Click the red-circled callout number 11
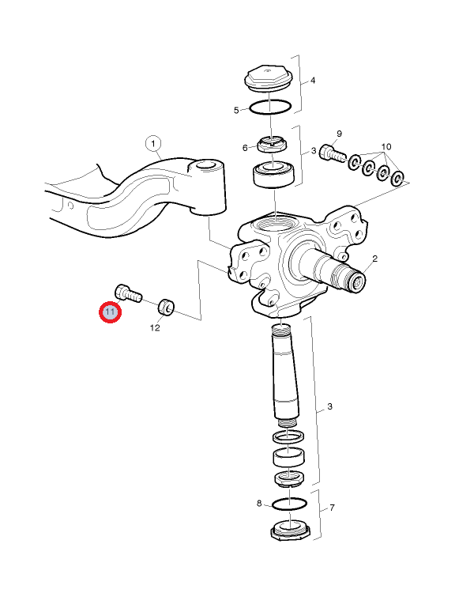111,312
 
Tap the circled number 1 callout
153,143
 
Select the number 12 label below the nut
155,327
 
